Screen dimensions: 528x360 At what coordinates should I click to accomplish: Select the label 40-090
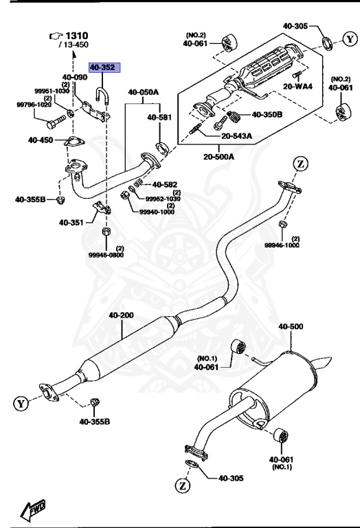(74, 78)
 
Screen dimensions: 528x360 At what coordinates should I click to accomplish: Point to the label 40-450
(41, 140)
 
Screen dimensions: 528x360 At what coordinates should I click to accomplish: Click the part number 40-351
(71, 222)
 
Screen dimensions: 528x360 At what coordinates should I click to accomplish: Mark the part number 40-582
(164, 184)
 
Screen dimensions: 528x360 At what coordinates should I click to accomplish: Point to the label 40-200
(121, 316)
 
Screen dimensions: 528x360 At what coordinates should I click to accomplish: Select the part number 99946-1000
(282, 245)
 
